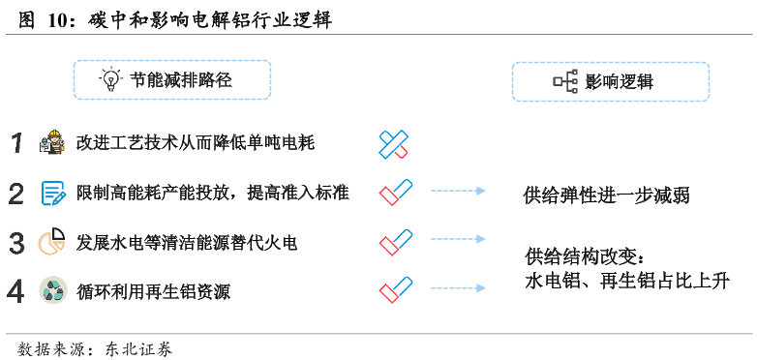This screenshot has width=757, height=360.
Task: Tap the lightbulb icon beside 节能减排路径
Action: point(110,79)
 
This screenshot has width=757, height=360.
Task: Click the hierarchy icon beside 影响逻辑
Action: point(565,82)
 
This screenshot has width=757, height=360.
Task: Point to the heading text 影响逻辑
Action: point(620,82)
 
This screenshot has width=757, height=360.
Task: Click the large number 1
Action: point(16,143)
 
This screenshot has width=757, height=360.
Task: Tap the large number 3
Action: point(16,242)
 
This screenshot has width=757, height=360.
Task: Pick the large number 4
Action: point(16,290)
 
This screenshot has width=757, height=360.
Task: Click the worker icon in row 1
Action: point(51,143)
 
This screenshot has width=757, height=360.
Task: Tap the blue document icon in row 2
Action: point(52,193)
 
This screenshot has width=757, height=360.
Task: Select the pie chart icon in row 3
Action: point(51,242)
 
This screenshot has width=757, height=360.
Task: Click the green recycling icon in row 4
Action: point(52,290)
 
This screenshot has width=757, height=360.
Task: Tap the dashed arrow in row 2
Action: point(458,192)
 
